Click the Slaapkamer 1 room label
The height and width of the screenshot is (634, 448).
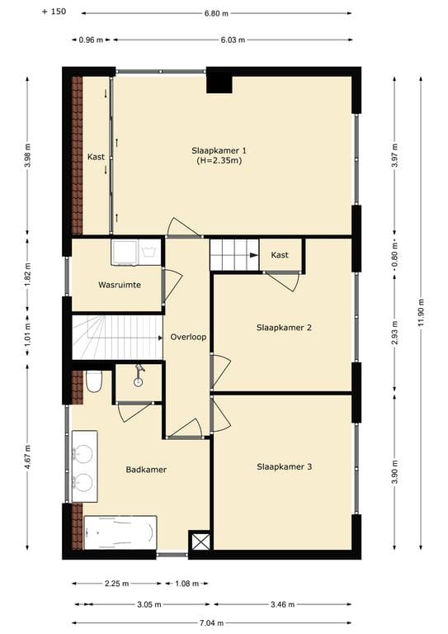coord(219,150)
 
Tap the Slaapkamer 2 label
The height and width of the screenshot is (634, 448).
coord(283,328)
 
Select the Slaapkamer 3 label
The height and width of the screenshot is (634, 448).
coord(283,466)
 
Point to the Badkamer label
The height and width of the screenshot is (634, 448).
coord(146,470)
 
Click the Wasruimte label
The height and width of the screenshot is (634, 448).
coord(119,284)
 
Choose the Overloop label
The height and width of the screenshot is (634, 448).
coord(188,338)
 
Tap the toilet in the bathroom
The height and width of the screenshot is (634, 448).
coord(94,381)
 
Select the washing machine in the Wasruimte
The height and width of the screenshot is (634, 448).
coord(125,252)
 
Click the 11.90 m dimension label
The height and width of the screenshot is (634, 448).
coord(422,312)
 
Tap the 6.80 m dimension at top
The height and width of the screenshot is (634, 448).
coord(215,14)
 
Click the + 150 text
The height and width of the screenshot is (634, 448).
coord(52,13)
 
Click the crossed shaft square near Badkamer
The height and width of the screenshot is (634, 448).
coord(199,542)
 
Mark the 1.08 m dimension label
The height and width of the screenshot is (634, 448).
coord(186,584)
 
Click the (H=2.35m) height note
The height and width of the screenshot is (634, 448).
coord(219,161)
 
